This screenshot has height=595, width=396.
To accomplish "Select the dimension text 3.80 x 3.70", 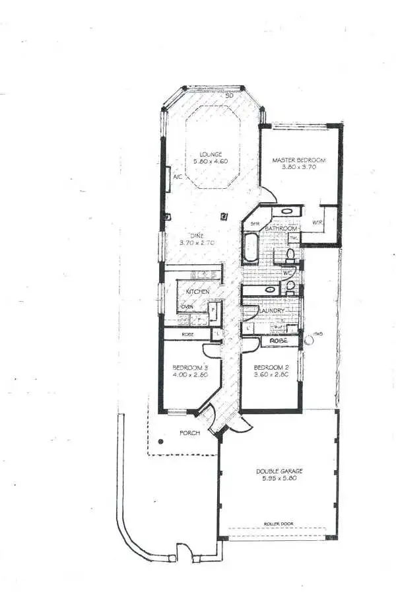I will pos(300,168).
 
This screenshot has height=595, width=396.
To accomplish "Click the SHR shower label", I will pos(254,224).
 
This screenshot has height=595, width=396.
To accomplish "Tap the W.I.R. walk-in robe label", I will pos(317,222).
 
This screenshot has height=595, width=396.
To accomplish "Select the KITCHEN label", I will pos(197,291).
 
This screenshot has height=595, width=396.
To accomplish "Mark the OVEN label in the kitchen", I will pos(187,307).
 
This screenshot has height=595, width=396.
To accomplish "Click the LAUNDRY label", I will pos(271,310).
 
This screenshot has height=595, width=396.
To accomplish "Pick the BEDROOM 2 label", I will pos(272,367).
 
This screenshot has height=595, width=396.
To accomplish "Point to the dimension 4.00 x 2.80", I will pos(190,375).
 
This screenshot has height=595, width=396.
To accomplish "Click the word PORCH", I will pos(190,434).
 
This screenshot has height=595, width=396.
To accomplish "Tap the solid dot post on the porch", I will pos(160,442).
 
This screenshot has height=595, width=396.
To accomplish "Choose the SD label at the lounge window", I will pos(229,96).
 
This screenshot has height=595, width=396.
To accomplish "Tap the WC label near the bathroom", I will pos(287,272).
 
